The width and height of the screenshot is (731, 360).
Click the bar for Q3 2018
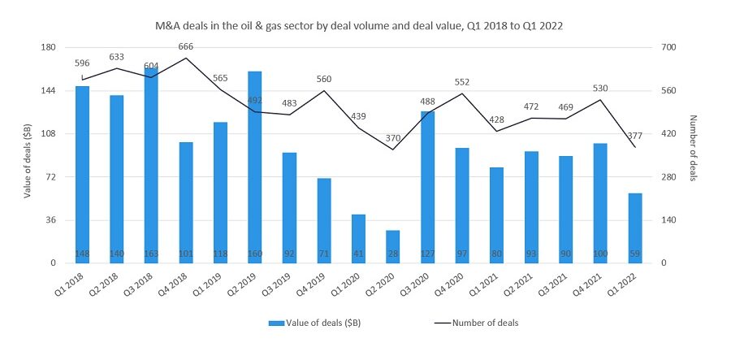click(x=151, y=166)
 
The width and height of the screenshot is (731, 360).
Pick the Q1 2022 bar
click(x=635, y=228)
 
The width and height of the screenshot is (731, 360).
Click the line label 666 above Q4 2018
click(x=185, y=47)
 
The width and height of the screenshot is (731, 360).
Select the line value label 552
click(x=462, y=82)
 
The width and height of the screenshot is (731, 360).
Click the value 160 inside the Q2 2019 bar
click(x=254, y=254)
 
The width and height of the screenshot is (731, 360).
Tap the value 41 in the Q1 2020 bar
click(x=358, y=254)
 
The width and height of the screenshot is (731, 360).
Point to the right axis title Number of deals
click(x=692, y=155)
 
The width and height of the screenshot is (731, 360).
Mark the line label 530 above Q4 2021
click(x=600, y=89)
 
